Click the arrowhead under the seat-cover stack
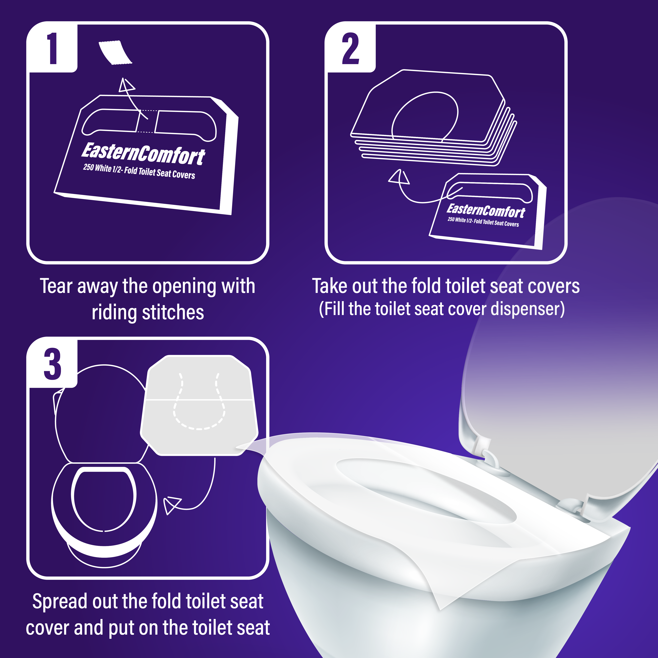pyautogui.click(x=400, y=177)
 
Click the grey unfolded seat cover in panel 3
pyautogui.click(x=199, y=405)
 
